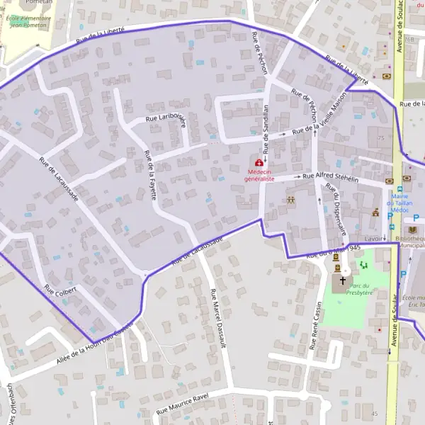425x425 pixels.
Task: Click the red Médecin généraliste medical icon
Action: click(x=259, y=164)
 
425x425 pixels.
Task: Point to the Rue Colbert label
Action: click(x=59, y=294)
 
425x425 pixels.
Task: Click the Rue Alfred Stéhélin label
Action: click(x=331, y=177)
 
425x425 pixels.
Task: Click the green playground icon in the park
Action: click(x=364, y=265)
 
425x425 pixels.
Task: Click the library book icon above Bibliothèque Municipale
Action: click(x=414, y=230)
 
